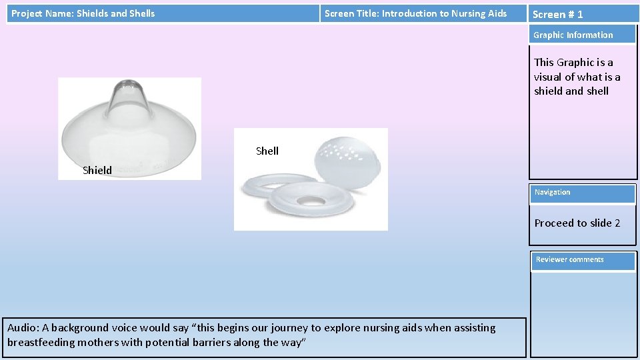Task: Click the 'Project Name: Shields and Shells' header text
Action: (83, 13)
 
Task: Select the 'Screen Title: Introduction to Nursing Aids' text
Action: (415, 13)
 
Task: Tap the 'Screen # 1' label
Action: (557, 14)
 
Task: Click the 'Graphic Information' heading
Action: (573, 35)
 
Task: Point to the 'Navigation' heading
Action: (552, 192)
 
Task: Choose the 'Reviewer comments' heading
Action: (569, 259)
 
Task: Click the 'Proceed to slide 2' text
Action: (577, 223)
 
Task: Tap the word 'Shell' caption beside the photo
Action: (267, 151)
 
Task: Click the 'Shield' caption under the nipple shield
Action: (97, 170)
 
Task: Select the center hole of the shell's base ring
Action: (311, 200)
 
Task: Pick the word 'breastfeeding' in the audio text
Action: (40, 342)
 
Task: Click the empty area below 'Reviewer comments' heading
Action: (583, 313)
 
